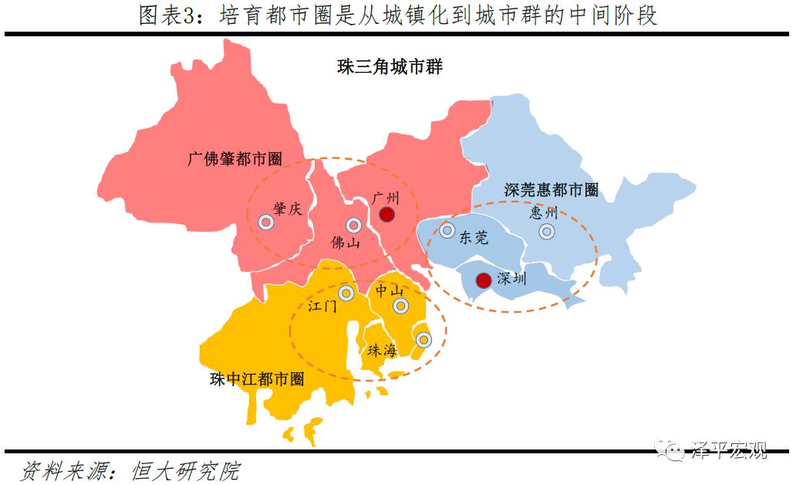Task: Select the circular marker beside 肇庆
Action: coord(266,222)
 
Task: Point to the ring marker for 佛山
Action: coord(354,226)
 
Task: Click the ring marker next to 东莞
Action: coord(447,230)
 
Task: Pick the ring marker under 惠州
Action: coord(547,231)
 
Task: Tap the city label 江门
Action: coord(322,306)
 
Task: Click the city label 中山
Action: coord(390,290)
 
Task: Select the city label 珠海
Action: coord(382,350)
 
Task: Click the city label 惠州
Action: coord(543,212)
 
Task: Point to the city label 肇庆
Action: coord(287,209)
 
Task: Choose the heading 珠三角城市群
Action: coord(390,67)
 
